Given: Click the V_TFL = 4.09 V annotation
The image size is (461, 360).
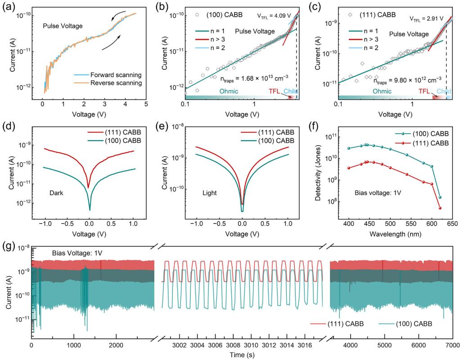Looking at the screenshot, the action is pyautogui.click(x=272, y=16).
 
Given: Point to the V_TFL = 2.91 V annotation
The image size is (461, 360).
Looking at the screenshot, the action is pyautogui.click(x=426, y=18).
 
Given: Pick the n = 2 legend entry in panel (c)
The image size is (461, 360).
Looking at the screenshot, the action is pyautogui.click(x=363, y=48).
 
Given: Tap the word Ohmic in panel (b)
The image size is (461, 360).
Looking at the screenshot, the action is pyautogui.click(x=229, y=91).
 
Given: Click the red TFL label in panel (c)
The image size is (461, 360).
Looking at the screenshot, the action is pyautogui.click(x=424, y=91).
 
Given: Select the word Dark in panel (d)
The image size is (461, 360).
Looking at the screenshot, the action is pyautogui.click(x=56, y=193).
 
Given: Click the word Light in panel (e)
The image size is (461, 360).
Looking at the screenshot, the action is pyautogui.click(x=210, y=193).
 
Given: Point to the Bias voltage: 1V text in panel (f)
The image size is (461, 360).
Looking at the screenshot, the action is pyautogui.click(x=378, y=193).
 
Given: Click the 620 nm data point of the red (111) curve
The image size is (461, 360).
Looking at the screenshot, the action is pyautogui.click(x=440, y=208).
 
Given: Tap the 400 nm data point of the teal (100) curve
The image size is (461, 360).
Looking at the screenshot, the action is pyautogui.click(x=349, y=148).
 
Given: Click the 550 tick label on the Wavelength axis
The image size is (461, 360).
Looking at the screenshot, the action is pyautogui.click(x=411, y=224).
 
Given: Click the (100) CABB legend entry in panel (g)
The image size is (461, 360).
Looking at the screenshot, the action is pyautogui.click(x=406, y=324).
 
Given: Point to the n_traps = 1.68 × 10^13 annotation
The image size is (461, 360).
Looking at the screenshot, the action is pyautogui.click(x=254, y=78).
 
